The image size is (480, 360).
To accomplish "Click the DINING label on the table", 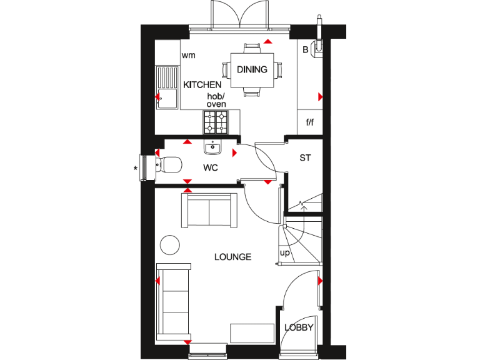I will pyautogui.click(x=252, y=69).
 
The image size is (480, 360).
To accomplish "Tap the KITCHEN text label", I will pyautogui.click(x=201, y=84).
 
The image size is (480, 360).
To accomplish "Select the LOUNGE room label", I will pyautogui.click(x=232, y=257).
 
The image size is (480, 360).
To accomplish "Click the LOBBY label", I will pyautogui.click(x=299, y=327).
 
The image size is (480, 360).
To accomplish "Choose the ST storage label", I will pyautogui.click(x=304, y=158).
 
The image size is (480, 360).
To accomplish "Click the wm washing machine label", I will pyautogui.click(x=188, y=56).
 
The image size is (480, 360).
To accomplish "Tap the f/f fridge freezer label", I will pyautogui.click(x=309, y=122).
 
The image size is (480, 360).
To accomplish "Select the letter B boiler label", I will pyautogui.click(x=306, y=50).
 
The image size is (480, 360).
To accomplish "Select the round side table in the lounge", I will pyautogui.click(x=171, y=244).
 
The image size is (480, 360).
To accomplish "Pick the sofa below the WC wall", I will pyautogui.click(x=209, y=210).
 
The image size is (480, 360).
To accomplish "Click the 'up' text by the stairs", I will pyautogui.click(x=284, y=253).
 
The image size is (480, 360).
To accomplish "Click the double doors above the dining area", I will pyautogui.click(x=239, y=14).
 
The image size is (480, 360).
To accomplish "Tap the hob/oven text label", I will pyautogui.click(x=216, y=100).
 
